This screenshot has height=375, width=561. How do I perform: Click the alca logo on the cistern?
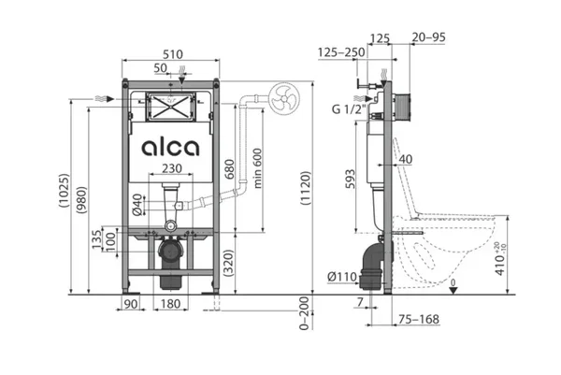(x=170, y=147)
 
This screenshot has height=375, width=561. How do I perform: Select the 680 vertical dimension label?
(x=230, y=169)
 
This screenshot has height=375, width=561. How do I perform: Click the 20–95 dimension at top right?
(x=427, y=37)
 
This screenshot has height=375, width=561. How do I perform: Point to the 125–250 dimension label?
(x=341, y=51)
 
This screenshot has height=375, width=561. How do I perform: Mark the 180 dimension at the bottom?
(x=169, y=305)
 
